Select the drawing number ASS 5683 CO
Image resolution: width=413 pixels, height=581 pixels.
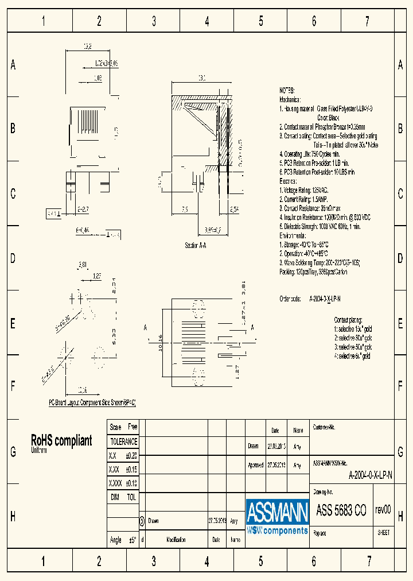pos(341,510)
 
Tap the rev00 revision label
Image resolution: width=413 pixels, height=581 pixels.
pos(383,509)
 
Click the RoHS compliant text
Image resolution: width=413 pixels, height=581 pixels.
pos(61,440)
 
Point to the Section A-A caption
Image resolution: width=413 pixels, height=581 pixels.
pos(195,245)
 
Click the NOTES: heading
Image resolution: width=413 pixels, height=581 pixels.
pos(287,91)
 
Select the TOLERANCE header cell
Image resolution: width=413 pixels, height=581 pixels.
pos(123,441)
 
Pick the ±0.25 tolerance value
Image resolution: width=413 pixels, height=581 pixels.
pos(131,455)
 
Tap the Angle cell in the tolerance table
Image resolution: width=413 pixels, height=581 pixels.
pos(115,540)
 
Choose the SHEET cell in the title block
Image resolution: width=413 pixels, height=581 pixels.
pos(383,532)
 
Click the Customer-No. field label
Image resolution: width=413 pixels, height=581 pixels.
pos(324,428)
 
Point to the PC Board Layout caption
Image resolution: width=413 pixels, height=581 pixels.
pos(92,403)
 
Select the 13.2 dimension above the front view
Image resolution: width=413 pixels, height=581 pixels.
pos(88,47)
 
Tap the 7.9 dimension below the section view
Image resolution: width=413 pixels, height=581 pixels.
pos(185,210)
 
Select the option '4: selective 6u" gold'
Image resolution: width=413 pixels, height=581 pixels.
pos(353,356)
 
